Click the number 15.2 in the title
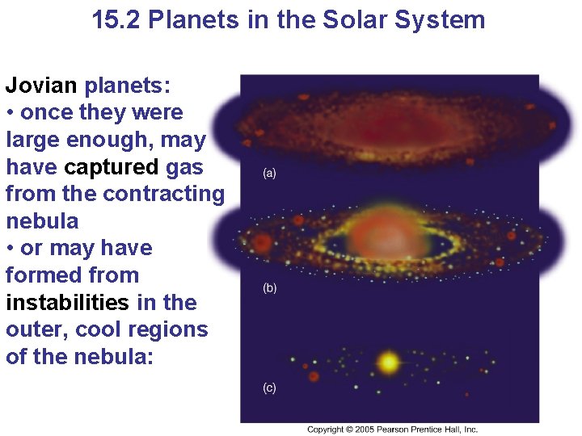click(118, 19)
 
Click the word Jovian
click(41, 85)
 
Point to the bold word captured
click(112, 166)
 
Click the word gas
click(184, 166)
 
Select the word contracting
click(164, 194)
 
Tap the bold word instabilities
click(67, 303)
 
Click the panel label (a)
click(268, 174)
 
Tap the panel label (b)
click(268, 288)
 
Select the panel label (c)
click(268, 388)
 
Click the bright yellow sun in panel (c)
click(389, 363)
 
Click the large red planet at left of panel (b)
click(262, 241)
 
